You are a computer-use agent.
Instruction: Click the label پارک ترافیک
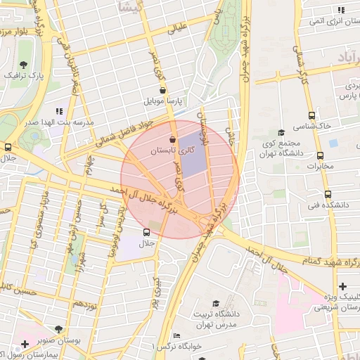click(x=26, y=74)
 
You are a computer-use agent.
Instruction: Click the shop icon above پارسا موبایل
click(x=163, y=90)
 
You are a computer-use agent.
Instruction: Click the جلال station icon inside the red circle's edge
click(x=146, y=232)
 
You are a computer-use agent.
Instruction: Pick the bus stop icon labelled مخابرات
click(x=321, y=155)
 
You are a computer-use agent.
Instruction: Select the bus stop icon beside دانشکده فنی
click(x=328, y=194)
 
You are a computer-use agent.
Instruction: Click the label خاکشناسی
click(x=314, y=124)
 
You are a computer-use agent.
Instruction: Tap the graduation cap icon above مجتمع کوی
click(x=281, y=132)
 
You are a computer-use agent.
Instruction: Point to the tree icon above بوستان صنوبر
click(x=58, y=328)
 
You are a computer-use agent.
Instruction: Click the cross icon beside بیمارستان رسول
click(x=25, y=344)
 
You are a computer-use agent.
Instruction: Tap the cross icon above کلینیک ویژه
click(x=342, y=286)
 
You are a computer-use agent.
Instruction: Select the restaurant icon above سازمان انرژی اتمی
click(x=340, y=11)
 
